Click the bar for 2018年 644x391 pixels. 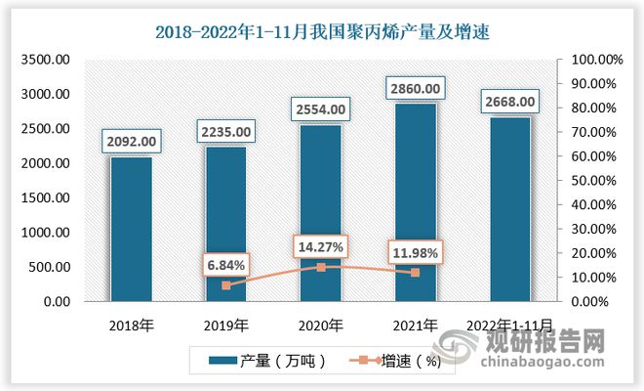coord(131,229)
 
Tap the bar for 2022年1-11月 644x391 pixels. coord(509,209)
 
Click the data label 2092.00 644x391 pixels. coord(131,143)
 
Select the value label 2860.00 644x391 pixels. coord(415,90)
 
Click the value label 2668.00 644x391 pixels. coord(509,103)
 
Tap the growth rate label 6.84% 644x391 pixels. coord(225,264)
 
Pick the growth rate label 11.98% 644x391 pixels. coord(415,251)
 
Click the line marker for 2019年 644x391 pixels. coord(225,285)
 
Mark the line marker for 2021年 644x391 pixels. coord(415,273)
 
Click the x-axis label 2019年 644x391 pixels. coord(225,325)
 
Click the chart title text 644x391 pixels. coord(321,31)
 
